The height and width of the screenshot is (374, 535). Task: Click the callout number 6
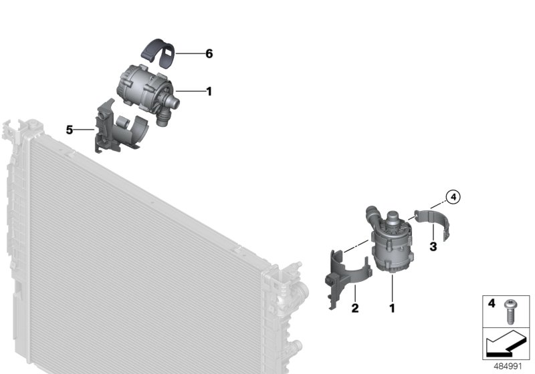tap(209, 54)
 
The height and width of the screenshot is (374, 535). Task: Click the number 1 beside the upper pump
tap(209, 91)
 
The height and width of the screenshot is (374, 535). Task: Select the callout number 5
tap(70, 130)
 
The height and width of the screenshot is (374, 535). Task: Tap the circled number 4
tap(453, 197)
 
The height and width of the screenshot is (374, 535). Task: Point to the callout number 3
tap(433, 246)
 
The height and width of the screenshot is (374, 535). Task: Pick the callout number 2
tap(355, 309)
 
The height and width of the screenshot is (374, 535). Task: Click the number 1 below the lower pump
tap(393, 309)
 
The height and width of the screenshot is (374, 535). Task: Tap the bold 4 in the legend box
tap(492, 304)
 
